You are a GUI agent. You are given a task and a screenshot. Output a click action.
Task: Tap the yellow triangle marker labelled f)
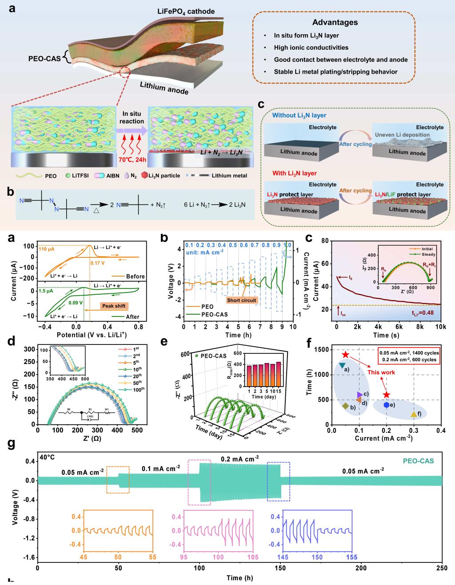[x=414, y=414]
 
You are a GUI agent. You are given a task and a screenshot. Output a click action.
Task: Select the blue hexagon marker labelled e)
[x=387, y=405]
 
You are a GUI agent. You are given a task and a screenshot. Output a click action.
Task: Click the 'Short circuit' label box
[x=242, y=300]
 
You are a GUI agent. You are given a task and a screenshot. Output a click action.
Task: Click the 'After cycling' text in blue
[x=355, y=144]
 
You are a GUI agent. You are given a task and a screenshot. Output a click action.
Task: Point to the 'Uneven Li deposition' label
[x=402, y=134]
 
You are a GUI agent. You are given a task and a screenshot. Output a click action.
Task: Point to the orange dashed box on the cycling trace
[x=118, y=480]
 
